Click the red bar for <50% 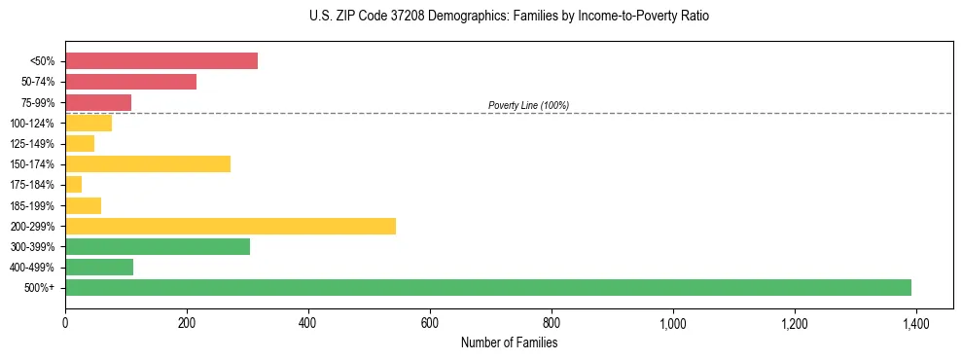tap(161, 61)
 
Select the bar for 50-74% tap(130, 82)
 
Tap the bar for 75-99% tap(98, 102)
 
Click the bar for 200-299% tap(231, 226)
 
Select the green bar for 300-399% tap(158, 246)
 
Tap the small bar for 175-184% tap(74, 184)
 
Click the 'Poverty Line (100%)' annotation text tap(528, 105)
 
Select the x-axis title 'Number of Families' tap(509, 343)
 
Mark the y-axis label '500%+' tap(41, 288)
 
